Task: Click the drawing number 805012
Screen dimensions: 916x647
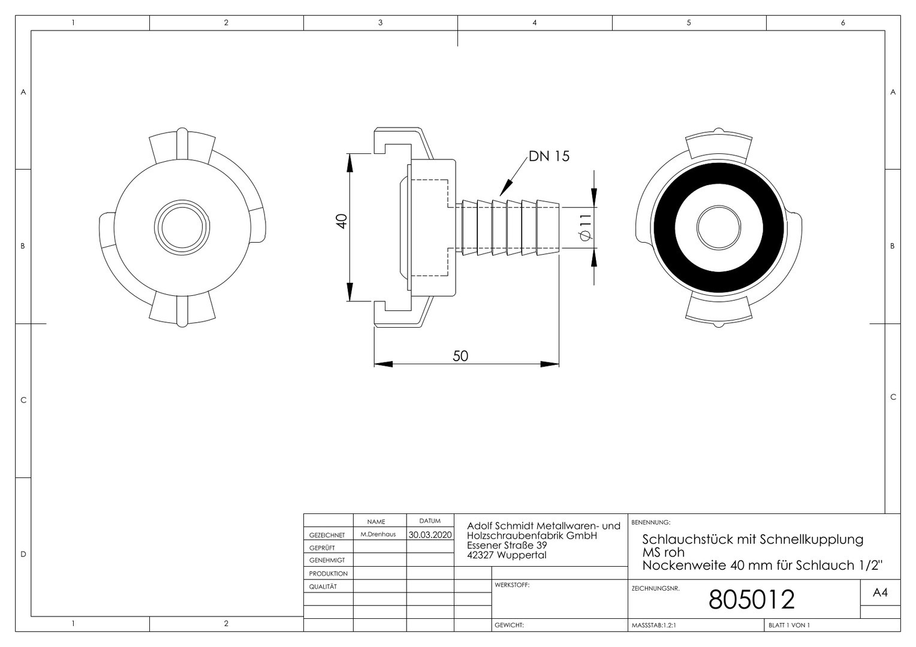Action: [x=751, y=599]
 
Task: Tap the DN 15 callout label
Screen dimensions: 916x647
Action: [x=549, y=156]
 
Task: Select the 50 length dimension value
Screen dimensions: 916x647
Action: [x=460, y=356]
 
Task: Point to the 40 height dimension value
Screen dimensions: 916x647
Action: [x=342, y=221]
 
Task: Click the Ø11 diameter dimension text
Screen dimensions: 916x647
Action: [x=586, y=227]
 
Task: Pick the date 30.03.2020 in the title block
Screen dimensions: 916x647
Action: [x=430, y=534]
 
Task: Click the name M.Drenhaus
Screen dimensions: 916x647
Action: [x=378, y=534]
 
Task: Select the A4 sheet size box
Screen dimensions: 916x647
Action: [x=880, y=592]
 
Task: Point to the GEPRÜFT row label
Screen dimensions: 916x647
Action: [x=322, y=548]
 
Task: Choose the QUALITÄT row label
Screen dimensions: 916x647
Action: [x=323, y=586]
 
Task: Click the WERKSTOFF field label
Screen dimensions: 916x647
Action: [x=512, y=585]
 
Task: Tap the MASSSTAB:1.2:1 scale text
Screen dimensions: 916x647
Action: [x=654, y=625]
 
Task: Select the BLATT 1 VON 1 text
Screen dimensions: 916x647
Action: [x=790, y=625]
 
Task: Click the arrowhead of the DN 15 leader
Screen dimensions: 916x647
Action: [x=505, y=189]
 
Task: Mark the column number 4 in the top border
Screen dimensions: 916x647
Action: [x=535, y=23]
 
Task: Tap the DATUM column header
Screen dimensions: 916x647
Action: [x=430, y=521]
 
